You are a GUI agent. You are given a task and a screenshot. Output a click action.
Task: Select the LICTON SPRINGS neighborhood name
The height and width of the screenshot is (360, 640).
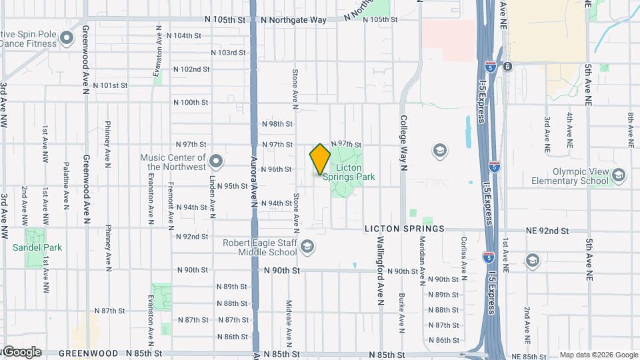coord(404,229)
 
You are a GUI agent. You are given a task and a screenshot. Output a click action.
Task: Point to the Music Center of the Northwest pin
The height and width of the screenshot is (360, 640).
coord(216,161)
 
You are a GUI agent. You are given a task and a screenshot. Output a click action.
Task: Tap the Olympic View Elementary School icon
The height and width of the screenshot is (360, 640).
coord(618,175)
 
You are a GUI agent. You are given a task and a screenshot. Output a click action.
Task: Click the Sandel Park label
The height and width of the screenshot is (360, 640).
coord(37,247)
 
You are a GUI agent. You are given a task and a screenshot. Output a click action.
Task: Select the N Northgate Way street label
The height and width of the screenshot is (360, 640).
coord(294,20)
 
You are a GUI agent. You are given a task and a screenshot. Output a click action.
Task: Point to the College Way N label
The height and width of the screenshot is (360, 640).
coord(403,143)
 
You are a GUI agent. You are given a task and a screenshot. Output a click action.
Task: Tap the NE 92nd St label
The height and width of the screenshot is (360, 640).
coord(547,231)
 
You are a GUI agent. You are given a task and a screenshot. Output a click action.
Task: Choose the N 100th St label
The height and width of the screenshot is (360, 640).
coord(191,103)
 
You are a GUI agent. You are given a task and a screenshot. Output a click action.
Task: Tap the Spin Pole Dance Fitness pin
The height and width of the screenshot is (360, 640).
coord(66,38)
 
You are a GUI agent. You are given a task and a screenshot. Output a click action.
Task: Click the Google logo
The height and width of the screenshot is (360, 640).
coord(21,352)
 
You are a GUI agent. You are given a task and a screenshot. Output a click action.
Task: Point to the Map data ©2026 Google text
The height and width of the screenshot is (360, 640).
coord(598,355)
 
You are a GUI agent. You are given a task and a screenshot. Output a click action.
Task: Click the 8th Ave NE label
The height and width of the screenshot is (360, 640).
coord(630,129)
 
